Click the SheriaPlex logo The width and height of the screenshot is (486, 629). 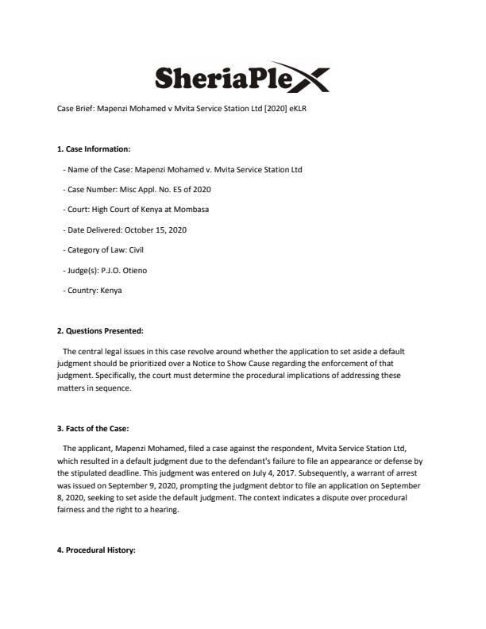[x=241, y=77]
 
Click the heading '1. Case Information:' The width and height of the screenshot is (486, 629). [x=94, y=149]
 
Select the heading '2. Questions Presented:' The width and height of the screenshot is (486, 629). [x=99, y=330]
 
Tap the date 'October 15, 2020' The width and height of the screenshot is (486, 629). [x=152, y=230]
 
